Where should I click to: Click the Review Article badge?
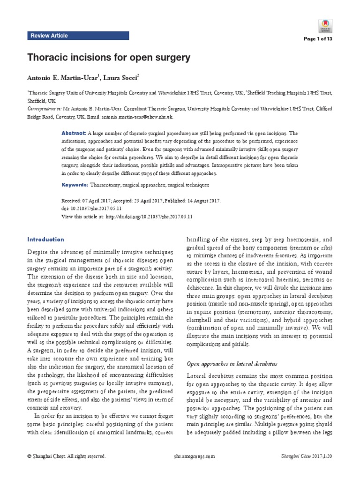[x=49, y=36]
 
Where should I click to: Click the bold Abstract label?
[x=72, y=133]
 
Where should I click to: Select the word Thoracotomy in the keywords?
[x=106, y=185]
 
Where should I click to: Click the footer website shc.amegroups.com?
[x=194, y=456]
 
